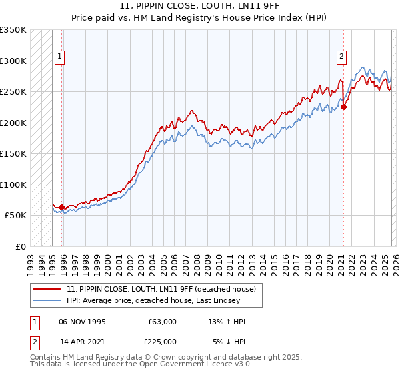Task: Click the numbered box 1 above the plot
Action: (x=60, y=57)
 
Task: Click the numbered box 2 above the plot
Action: (x=341, y=57)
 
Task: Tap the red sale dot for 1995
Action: (x=62, y=208)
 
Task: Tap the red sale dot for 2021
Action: (x=344, y=107)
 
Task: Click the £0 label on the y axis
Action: (x=21, y=246)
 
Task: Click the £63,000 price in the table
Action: (x=163, y=322)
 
